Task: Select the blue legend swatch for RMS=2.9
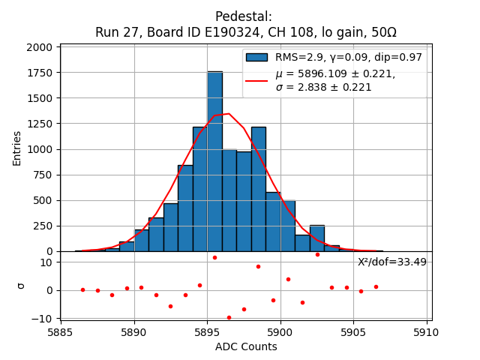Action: tap(256, 57)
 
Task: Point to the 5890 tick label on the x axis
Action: tap(133, 331)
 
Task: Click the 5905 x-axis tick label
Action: tap(353, 331)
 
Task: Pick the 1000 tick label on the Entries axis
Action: tap(42, 149)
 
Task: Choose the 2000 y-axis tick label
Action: tap(42, 47)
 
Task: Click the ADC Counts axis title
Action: tap(245, 346)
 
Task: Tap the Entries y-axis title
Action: tap(17, 148)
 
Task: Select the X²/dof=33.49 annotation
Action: tap(391, 262)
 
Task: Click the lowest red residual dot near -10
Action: tap(229, 317)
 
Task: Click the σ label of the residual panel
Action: tap(21, 285)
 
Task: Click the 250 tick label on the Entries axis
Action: tap(45, 226)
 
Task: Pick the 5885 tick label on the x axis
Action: tap(61, 331)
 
